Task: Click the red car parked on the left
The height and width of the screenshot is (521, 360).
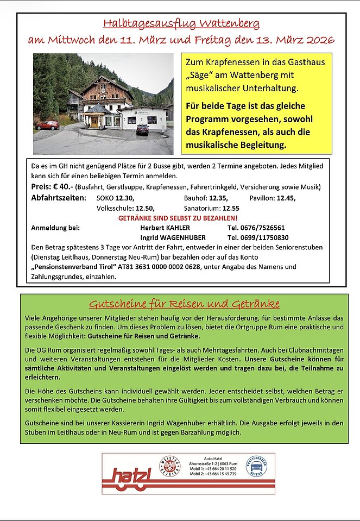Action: [48, 125]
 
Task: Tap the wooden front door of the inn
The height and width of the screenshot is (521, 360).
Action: [94, 122]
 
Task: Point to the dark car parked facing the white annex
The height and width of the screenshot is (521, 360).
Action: [142, 129]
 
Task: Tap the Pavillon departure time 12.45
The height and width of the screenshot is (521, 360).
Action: [286, 198]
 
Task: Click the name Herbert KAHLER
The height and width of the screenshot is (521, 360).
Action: [166, 228]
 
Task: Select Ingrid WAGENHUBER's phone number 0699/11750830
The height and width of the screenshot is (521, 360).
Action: [258, 237]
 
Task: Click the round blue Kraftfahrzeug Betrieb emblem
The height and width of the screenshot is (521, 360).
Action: [256, 467]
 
